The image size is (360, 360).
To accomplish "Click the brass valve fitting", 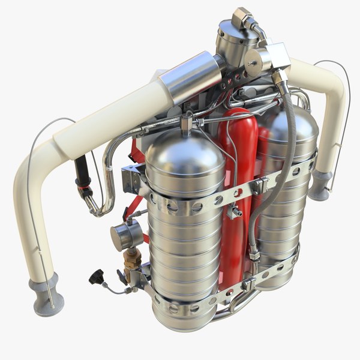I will pos(133,259).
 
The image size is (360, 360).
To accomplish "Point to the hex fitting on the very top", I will pos(242,17).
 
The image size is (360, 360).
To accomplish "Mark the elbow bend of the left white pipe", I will pos(30,180).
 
